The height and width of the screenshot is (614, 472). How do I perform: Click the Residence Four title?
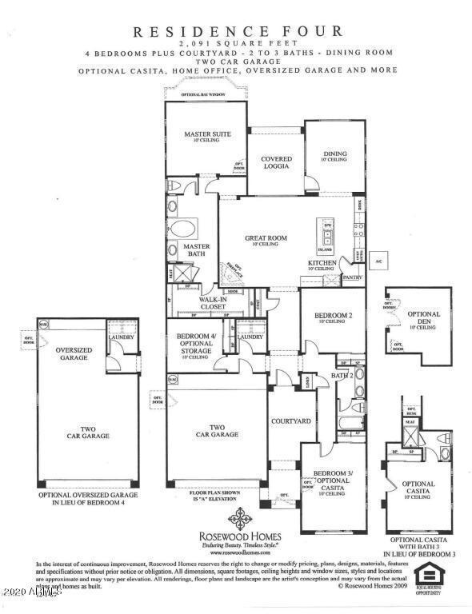238,31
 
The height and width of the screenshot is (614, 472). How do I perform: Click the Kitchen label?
322,264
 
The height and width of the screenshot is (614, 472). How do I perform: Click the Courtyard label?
290,421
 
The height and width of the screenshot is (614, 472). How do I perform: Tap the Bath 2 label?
343,376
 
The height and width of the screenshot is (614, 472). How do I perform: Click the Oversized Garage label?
70,354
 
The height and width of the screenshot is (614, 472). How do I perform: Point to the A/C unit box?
380,261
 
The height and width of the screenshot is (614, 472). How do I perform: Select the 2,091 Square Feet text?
237,42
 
